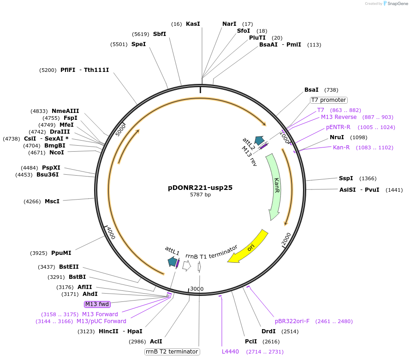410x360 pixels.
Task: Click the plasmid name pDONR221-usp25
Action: [x=200, y=188]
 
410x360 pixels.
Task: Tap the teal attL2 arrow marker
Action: [x=259, y=141]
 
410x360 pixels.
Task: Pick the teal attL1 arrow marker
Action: [x=172, y=262]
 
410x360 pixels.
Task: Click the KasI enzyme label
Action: [x=193, y=24]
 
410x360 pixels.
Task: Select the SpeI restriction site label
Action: [x=138, y=44]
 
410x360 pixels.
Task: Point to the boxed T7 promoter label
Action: [x=328, y=100]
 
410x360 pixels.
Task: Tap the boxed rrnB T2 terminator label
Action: [x=172, y=352]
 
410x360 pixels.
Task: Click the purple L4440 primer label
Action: [x=230, y=352]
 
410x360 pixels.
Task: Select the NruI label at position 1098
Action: [x=337, y=137]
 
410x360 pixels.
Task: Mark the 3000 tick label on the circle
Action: [x=197, y=289]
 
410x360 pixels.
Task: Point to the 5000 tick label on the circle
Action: [x=120, y=130]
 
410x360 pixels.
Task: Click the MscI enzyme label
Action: [x=52, y=201]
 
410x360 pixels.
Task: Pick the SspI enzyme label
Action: [x=346, y=178]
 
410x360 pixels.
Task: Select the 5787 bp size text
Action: [x=200, y=195]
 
